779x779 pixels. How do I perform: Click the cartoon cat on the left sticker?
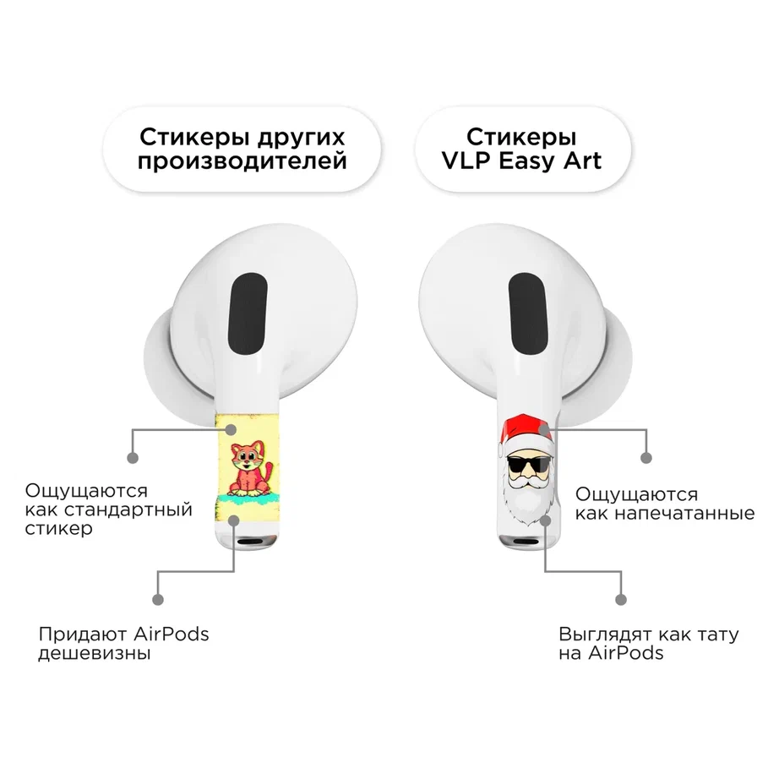(x=250, y=469)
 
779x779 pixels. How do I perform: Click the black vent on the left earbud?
(x=248, y=313)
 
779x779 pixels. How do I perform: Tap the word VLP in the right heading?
(x=466, y=161)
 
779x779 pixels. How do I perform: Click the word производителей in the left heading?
(x=242, y=161)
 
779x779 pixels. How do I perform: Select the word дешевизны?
(x=95, y=653)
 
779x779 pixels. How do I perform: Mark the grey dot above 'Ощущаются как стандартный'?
(x=133, y=458)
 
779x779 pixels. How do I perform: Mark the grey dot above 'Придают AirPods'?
(x=158, y=600)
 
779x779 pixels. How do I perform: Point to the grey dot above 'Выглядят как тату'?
(x=620, y=600)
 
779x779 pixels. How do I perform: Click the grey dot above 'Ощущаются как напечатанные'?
(x=646, y=458)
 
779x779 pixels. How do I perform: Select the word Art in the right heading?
(x=582, y=161)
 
